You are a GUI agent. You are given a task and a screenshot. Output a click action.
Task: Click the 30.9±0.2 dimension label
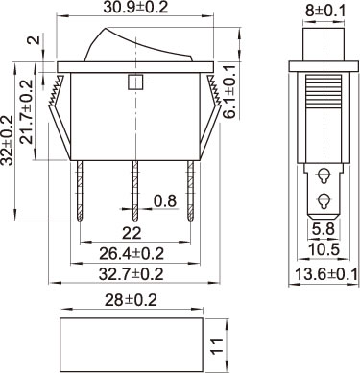click(x=135, y=7)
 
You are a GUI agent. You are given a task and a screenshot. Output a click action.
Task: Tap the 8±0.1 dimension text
click(x=325, y=12)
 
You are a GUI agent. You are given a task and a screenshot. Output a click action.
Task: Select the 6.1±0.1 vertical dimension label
click(x=229, y=92)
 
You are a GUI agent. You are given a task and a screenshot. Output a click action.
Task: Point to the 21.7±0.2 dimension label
click(x=26, y=111)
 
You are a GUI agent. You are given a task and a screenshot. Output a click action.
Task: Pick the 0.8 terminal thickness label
click(x=165, y=201)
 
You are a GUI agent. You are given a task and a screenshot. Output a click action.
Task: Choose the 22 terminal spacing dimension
click(x=132, y=233)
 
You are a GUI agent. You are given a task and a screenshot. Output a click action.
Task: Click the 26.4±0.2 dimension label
click(x=132, y=253)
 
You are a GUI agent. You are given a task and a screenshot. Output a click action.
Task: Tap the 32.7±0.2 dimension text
click(x=132, y=274)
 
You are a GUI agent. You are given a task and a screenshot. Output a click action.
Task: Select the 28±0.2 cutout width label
click(x=132, y=300)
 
